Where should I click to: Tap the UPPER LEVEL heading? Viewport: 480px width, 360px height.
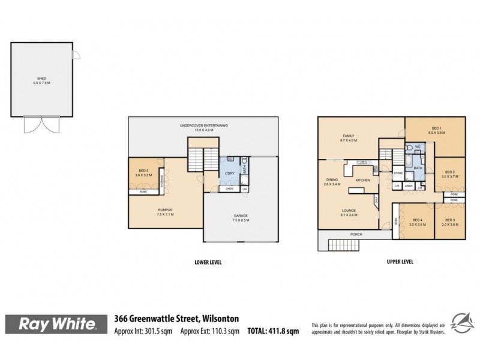pos(398,262)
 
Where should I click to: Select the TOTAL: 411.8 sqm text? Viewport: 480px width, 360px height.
pos(272,331)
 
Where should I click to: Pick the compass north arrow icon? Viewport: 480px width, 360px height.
pos(460,323)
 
